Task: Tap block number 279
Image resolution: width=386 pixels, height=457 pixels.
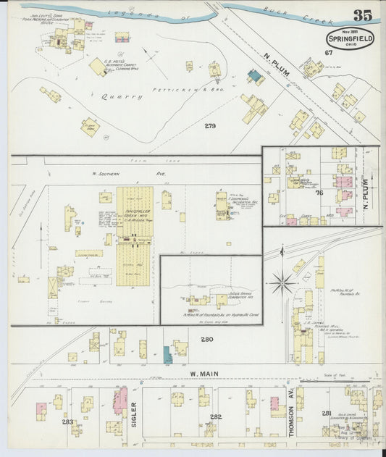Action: click(210, 125)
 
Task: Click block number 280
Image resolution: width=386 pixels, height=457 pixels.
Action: click(207, 339)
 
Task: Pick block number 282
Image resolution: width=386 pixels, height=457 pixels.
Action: click(215, 417)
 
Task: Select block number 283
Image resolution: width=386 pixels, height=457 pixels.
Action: click(68, 421)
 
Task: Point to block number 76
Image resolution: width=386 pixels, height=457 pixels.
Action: click(319, 193)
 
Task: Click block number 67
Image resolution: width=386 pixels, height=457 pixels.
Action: click(328, 53)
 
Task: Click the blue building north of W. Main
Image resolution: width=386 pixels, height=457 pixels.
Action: click(167, 354)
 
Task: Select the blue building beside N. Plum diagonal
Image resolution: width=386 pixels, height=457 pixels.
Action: click(254, 75)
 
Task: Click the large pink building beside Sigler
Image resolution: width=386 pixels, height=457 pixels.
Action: click(120, 400)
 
